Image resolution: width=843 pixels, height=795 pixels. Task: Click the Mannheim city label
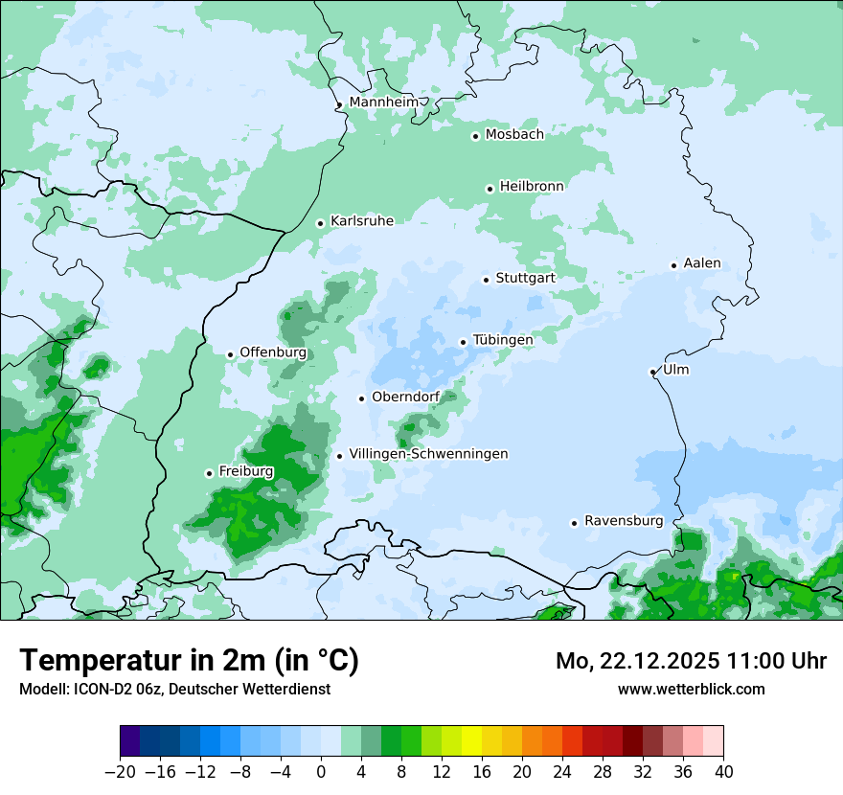pyautogui.click(x=383, y=102)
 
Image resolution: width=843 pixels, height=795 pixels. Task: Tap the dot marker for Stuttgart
pyautogui.click(x=486, y=280)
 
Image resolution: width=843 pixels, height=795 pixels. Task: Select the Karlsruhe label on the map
pyautogui.click(x=361, y=221)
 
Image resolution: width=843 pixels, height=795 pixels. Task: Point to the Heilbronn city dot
pyautogui.click(x=490, y=189)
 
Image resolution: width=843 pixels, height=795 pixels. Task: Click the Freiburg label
pyautogui.click(x=245, y=471)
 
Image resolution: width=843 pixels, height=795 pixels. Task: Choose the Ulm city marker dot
pyautogui.click(x=652, y=372)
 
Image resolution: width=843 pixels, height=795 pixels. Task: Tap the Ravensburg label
pyautogui.click(x=623, y=521)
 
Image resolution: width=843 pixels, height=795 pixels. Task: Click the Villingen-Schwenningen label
pyautogui.click(x=428, y=454)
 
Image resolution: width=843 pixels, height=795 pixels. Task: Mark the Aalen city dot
pyautogui.click(x=673, y=265)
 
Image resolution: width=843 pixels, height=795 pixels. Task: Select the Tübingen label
pyautogui.click(x=502, y=340)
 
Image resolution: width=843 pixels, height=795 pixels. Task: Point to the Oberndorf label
pyautogui.click(x=405, y=397)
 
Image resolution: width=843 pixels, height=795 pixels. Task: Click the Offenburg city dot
pyautogui.click(x=230, y=354)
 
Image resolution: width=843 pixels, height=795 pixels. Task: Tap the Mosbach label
pyautogui.click(x=514, y=135)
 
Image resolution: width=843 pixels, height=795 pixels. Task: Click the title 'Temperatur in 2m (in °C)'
pyautogui.click(x=189, y=661)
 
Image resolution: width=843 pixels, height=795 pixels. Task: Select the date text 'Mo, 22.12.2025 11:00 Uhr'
pyautogui.click(x=691, y=661)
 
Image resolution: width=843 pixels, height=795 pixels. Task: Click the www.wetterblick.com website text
pyautogui.click(x=691, y=689)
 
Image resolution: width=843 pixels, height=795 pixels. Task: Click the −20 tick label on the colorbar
pyautogui.click(x=121, y=771)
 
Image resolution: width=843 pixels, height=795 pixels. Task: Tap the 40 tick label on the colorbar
pyautogui.click(x=723, y=771)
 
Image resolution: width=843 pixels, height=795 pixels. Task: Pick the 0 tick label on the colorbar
pyautogui.click(x=321, y=771)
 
